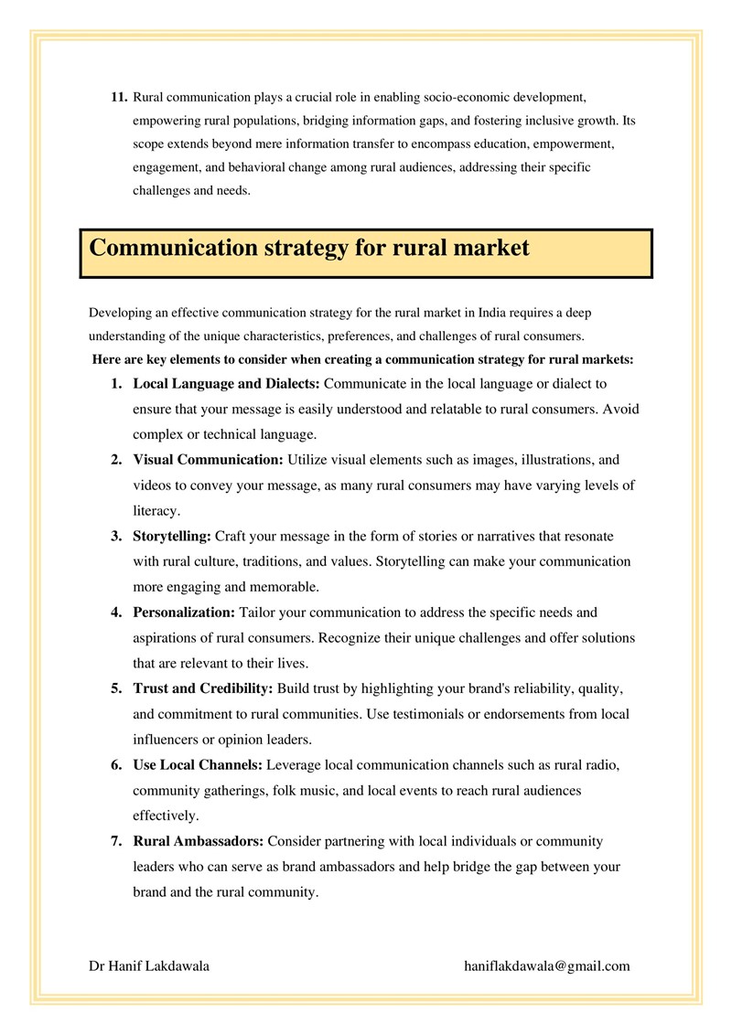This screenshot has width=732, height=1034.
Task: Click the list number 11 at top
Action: point(118,97)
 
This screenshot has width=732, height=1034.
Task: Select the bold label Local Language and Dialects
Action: point(227,384)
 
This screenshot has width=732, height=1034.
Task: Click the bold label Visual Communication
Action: point(209,460)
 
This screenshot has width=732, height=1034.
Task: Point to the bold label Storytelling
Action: point(172,537)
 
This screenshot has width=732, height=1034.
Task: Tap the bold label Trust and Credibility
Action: point(203,688)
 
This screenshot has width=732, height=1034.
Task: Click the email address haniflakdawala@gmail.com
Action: point(547,966)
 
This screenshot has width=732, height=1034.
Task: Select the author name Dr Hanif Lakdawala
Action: point(149,966)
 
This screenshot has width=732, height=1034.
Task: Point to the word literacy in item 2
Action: point(156,511)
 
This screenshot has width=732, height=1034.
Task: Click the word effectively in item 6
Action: point(165,815)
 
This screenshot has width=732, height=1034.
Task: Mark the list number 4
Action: point(116,613)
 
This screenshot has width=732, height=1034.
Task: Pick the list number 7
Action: point(116,841)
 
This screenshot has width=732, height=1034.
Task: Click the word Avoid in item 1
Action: point(621,409)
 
